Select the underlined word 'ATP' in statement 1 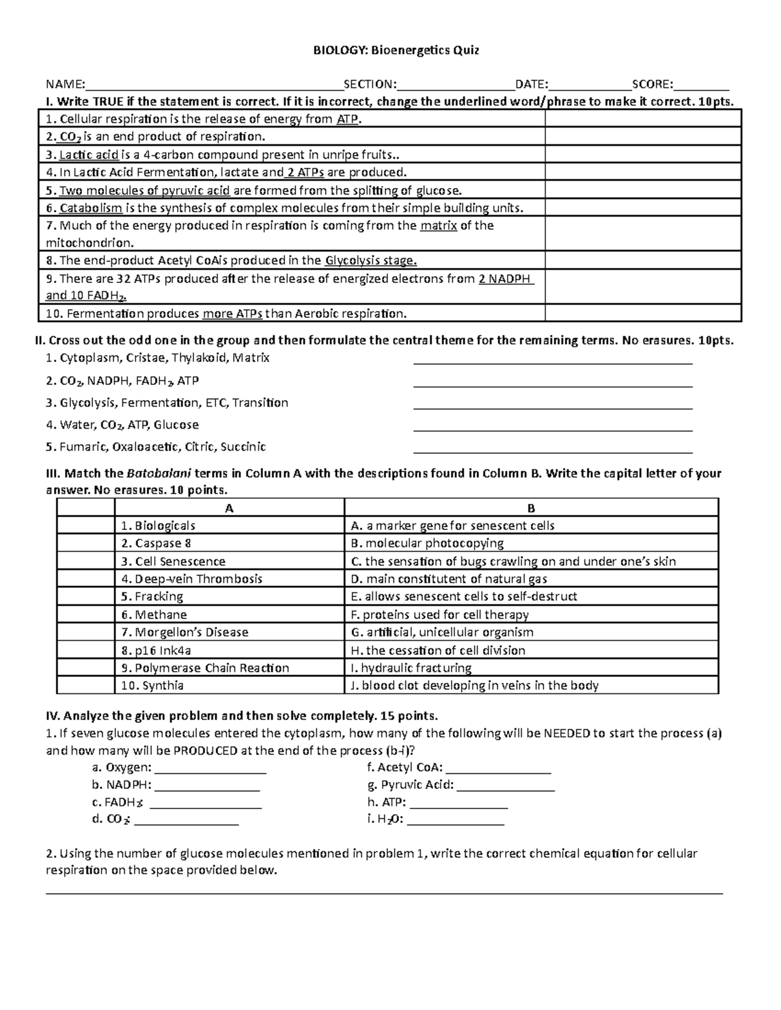tap(347, 119)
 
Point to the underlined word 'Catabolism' tap(91, 208)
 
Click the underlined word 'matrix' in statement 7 tap(438, 226)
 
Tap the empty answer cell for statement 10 tap(642, 313)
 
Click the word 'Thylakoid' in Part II tap(200, 358)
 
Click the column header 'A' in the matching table tap(228, 509)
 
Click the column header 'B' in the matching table tap(531, 509)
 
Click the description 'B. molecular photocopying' tap(427, 544)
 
